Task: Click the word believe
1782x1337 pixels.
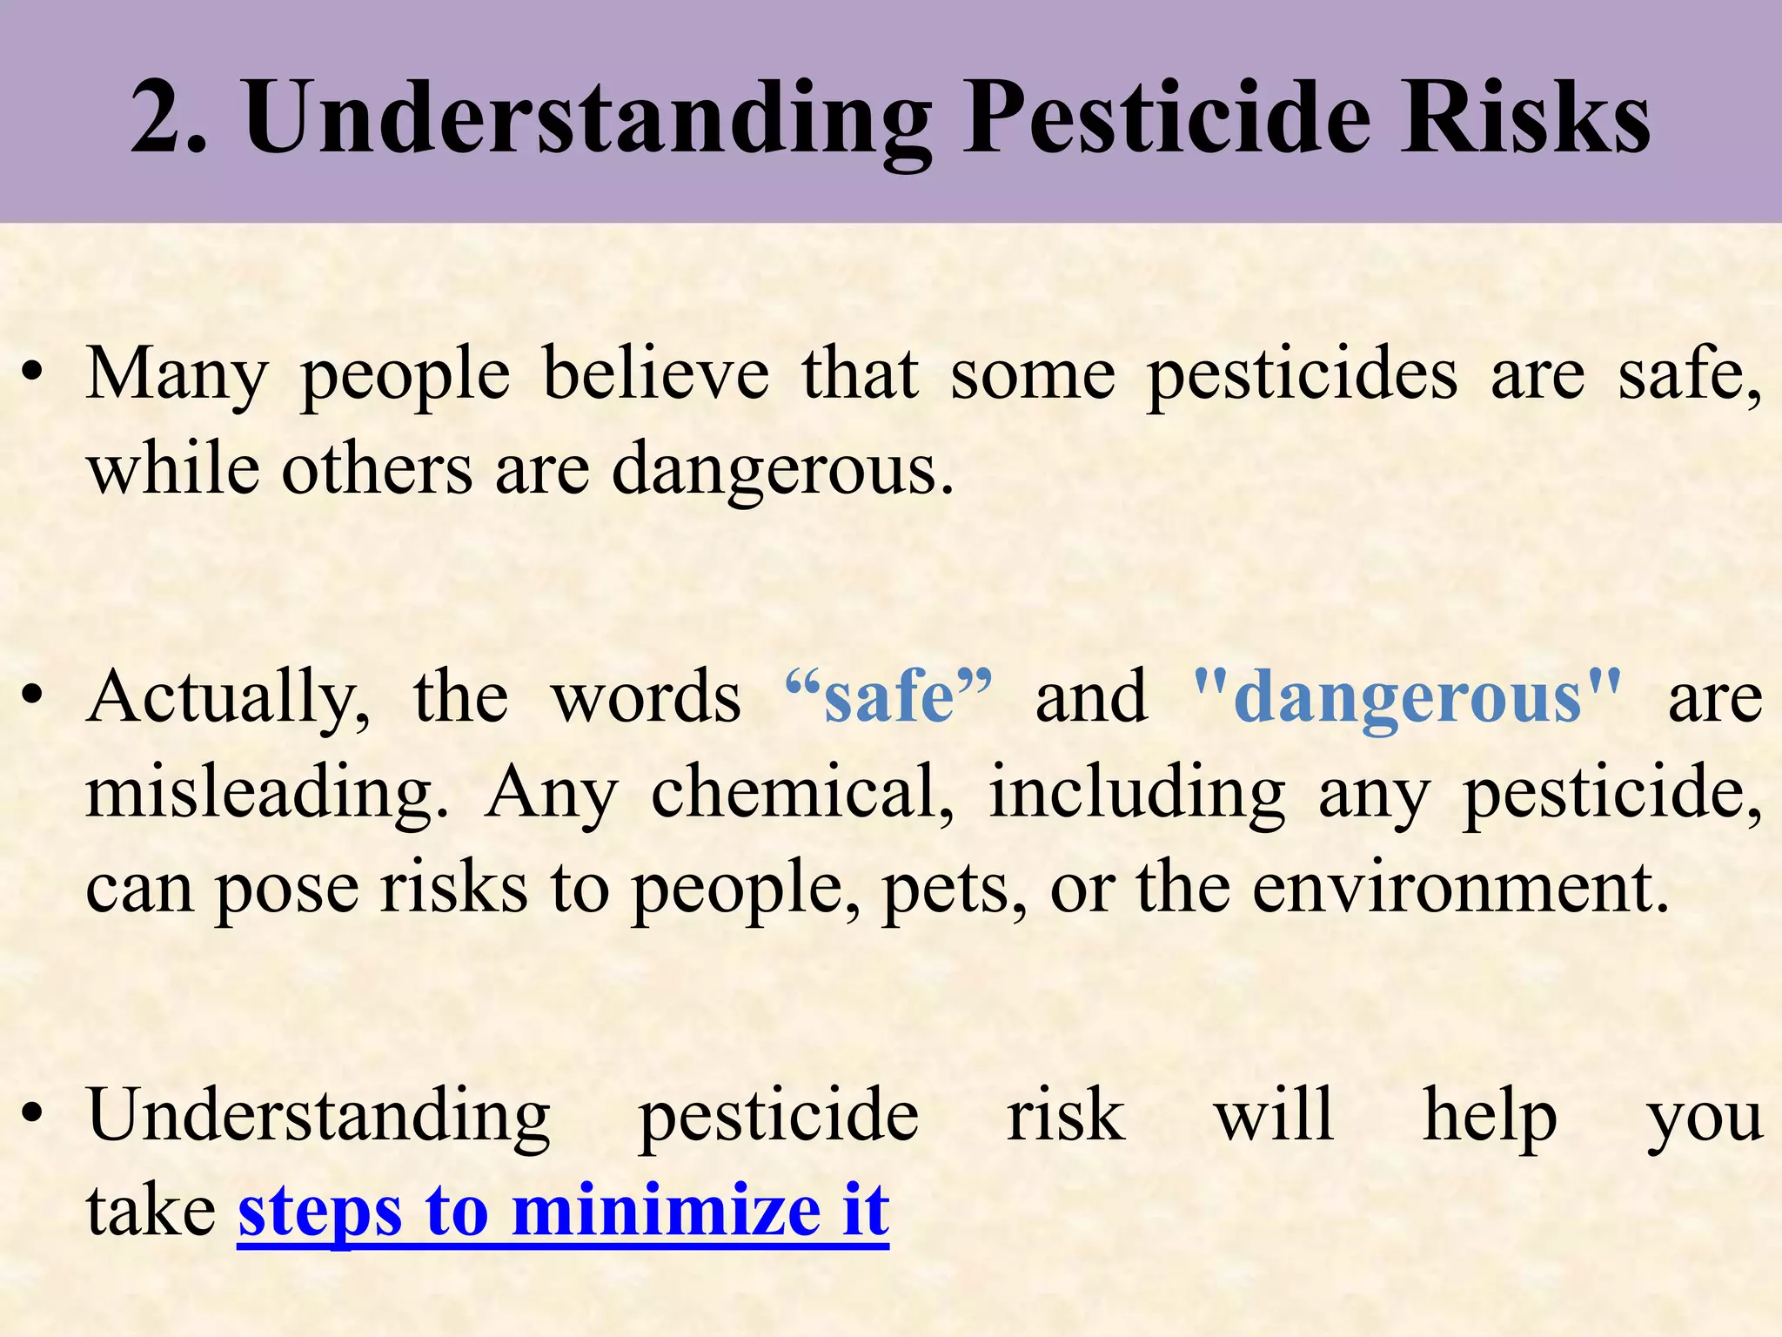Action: [656, 374]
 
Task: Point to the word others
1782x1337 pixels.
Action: [377, 470]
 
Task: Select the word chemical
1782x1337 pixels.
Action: [801, 793]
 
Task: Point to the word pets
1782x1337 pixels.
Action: [954, 889]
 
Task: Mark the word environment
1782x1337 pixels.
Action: [1461, 889]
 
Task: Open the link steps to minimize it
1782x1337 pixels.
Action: [563, 1211]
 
